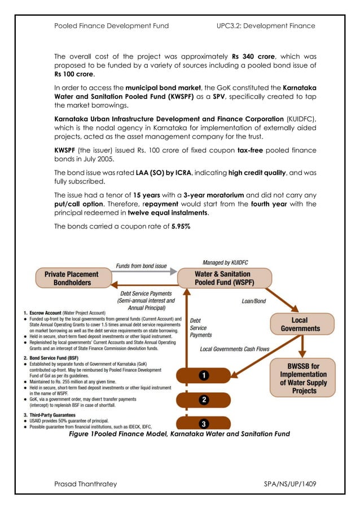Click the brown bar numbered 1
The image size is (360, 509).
tap(204, 375)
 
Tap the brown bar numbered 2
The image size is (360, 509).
tap(204, 400)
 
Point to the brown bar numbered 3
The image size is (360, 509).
tap(204, 423)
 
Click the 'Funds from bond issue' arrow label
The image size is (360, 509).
tap(141, 266)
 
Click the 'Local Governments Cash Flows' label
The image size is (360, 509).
tap(235, 349)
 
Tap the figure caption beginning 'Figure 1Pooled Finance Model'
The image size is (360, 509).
tap(179, 434)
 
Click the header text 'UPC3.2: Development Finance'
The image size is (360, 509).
tap(265, 25)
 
